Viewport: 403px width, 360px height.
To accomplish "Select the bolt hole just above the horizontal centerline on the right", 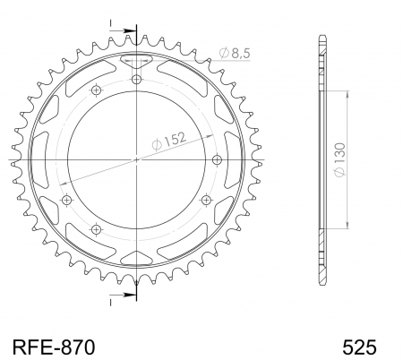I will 218,159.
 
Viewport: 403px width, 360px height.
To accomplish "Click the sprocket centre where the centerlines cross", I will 137,159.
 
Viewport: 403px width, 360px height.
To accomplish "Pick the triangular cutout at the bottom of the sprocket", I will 137,257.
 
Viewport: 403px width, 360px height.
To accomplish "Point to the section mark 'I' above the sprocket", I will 113,23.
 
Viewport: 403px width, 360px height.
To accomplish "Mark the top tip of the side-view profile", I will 321,37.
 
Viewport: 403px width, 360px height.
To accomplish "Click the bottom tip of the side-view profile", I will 321,282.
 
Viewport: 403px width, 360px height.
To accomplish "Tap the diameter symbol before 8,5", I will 222,56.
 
